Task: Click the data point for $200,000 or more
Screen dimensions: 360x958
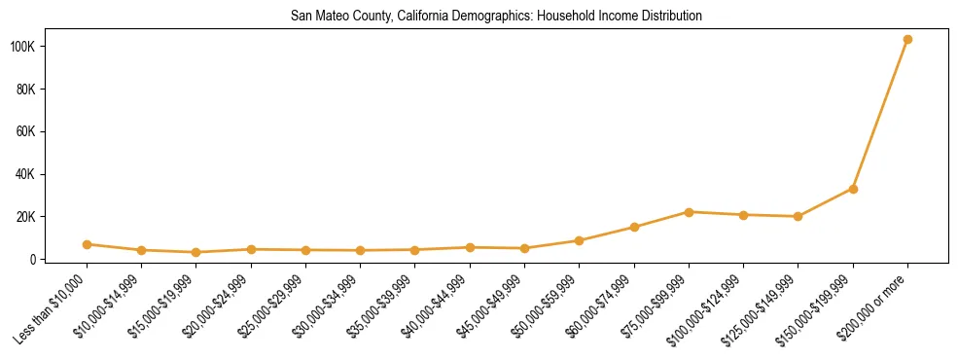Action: coord(907,40)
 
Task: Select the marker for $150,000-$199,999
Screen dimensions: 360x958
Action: coord(853,189)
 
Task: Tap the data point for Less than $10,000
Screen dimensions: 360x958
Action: coord(88,244)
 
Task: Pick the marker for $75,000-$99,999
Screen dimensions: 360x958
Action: coord(689,212)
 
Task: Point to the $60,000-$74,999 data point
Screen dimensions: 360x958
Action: coord(634,228)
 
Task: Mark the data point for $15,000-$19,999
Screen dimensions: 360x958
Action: coord(196,252)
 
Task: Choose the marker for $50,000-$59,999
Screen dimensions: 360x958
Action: coord(580,240)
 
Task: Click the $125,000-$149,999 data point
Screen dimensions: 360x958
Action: coord(798,216)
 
